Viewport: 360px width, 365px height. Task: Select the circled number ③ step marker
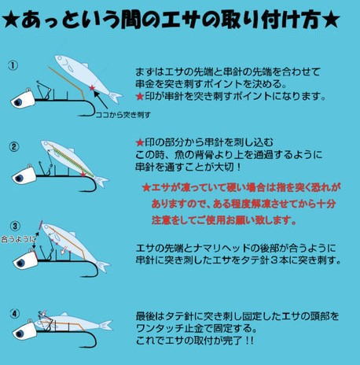tap(15, 225)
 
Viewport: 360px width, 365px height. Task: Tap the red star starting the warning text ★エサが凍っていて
tap(145, 189)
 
